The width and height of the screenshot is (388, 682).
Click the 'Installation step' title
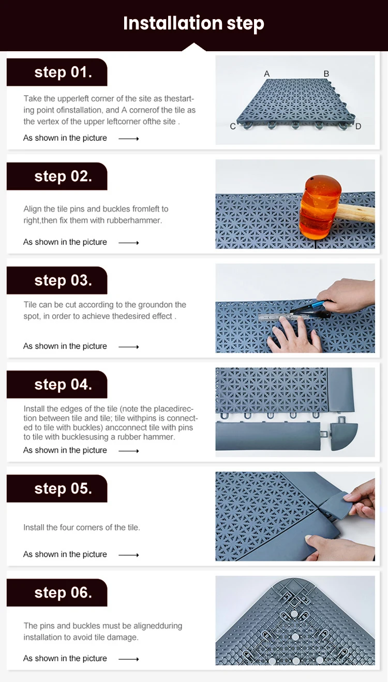pos(193,24)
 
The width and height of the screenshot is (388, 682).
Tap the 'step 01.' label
pos(63,72)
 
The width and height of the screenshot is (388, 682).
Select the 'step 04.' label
pos(63,384)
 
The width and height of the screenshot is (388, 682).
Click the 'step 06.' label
pos(63,593)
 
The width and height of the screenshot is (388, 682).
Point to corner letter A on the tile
pos(266,73)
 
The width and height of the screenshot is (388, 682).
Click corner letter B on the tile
pos(326,73)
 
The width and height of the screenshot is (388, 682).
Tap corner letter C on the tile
pos(233,126)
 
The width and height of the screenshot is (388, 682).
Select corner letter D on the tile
pos(358,126)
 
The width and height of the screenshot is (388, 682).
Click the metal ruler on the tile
pos(283,317)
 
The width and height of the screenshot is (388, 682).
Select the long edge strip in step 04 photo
pos(268,436)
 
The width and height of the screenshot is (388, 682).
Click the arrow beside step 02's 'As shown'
pos(129,243)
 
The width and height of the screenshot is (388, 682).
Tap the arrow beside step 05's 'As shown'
pos(129,555)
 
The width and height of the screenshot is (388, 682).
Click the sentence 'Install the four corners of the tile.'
pos(82,527)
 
